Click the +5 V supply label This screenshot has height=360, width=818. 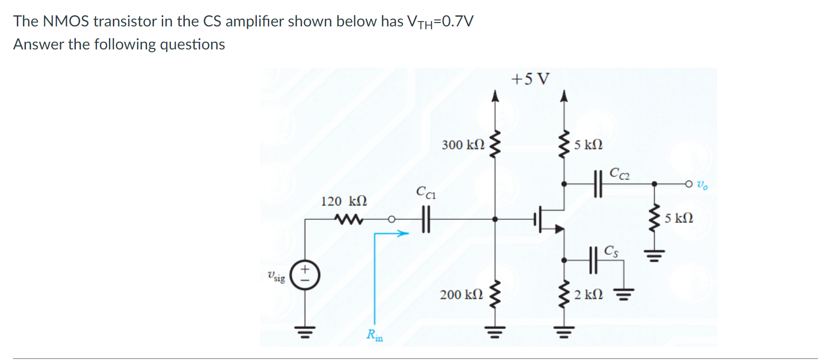coord(530,79)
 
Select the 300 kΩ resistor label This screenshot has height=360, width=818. coord(463,144)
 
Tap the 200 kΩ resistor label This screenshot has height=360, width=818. coord(461,294)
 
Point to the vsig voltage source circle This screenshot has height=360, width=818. coord(305,276)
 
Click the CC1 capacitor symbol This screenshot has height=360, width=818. coord(425,219)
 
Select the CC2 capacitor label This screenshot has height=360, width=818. coord(619,173)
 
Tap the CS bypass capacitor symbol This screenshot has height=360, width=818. coord(593,260)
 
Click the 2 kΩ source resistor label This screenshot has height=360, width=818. coord(589,294)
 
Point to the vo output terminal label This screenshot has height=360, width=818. coord(702,184)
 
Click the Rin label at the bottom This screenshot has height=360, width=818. coord(374,335)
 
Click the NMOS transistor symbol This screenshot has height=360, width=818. coord(550,219)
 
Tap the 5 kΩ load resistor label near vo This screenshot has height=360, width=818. coord(679,218)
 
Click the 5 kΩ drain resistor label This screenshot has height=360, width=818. coord(589,144)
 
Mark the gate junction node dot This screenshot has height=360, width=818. coord(495,219)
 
